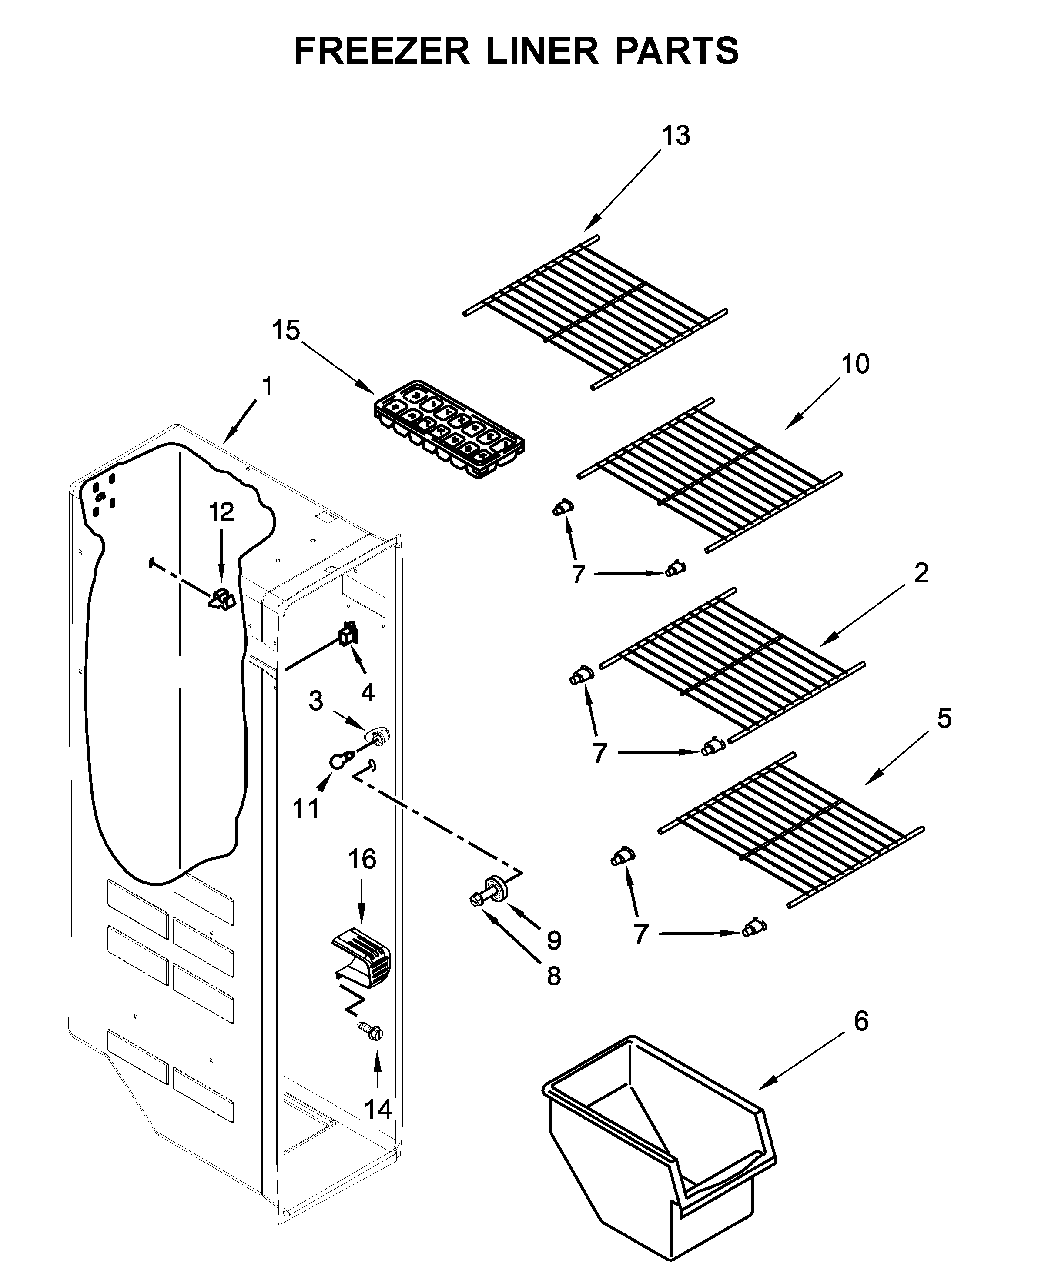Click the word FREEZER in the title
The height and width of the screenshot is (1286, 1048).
382,51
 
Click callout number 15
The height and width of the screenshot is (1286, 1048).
285,331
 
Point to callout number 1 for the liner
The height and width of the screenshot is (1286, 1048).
267,386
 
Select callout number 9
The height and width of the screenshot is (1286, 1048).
554,940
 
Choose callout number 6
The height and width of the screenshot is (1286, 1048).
861,1021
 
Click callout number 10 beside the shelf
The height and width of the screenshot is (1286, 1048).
855,364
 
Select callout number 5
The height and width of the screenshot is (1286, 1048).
944,718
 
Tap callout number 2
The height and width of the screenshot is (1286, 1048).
921,573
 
